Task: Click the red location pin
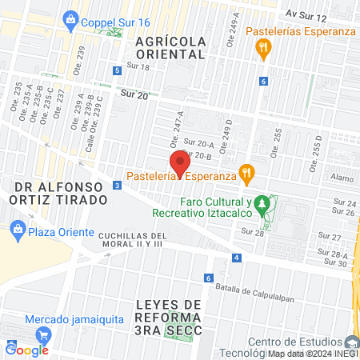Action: [x=179, y=163]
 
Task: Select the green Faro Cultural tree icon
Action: [x=261, y=209]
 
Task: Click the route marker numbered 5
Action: [x=118, y=70]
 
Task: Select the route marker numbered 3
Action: [x=118, y=186]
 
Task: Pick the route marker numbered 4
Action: [x=237, y=258]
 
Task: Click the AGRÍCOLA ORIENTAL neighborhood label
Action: [x=170, y=47]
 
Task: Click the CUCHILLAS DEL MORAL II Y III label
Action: [x=132, y=240]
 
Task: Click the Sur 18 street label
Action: [x=138, y=67]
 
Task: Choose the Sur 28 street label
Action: [x=252, y=232]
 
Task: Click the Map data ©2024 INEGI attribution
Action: [x=313, y=354]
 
